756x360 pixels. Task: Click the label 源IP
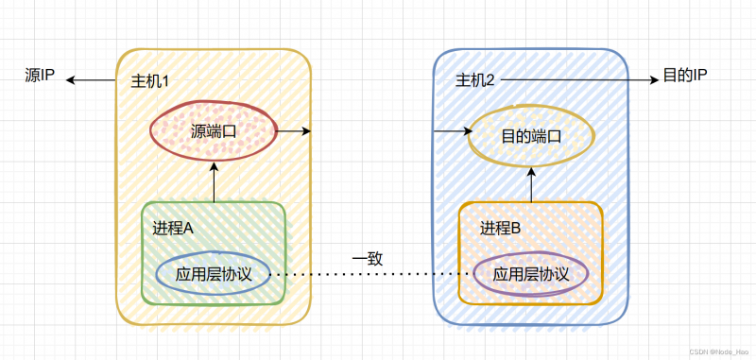pos(40,75)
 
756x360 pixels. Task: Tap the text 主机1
pos(149,81)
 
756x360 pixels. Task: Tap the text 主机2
pos(475,81)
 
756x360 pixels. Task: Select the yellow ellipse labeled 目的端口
pos(531,135)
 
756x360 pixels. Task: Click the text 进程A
pos(173,228)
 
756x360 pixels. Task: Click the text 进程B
pos(501,228)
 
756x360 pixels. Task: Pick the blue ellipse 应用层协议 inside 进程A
pos(213,274)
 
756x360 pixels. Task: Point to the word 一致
pos(368,258)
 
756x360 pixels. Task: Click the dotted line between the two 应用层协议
pos(369,275)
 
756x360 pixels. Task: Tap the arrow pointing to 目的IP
pos(578,81)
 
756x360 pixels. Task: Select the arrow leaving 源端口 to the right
pos(293,130)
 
